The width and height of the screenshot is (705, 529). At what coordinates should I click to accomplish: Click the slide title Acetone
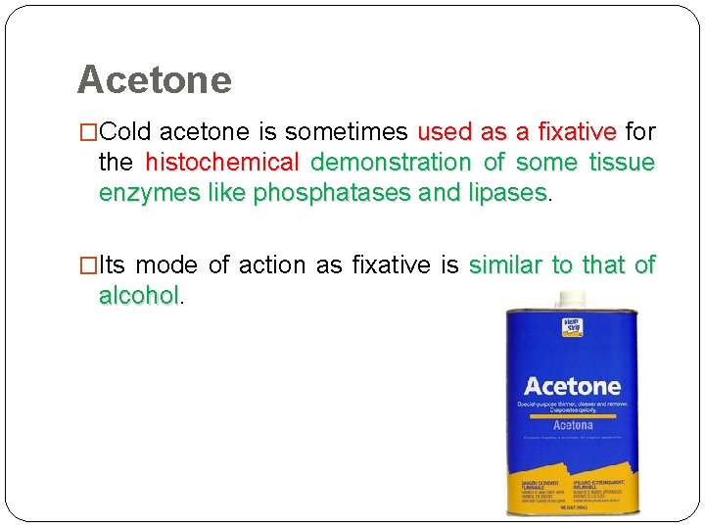(x=154, y=79)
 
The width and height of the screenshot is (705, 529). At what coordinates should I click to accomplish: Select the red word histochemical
(x=221, y=162)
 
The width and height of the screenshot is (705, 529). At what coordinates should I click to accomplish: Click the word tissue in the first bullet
(x=622, y=162)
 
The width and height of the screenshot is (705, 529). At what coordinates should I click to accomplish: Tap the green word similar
(x=508, y=264)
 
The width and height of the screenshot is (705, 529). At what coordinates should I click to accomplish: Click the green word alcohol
(x=138, y=295)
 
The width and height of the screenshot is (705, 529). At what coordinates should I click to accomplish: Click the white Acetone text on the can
(x=572, y=386)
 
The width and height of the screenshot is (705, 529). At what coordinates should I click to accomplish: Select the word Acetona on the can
(x=573, y=425)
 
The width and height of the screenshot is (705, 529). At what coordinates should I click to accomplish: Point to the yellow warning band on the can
(x=572, y=486)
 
